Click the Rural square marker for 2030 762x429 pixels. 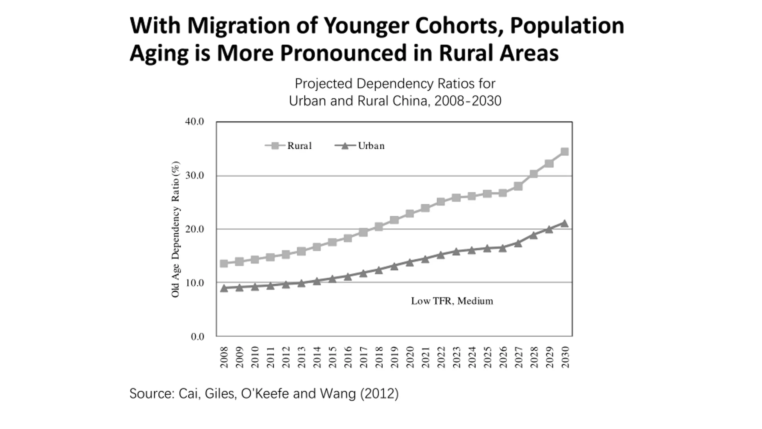(564, 152)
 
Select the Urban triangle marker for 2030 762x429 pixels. (564, 223)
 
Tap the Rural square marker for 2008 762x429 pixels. (224, 263)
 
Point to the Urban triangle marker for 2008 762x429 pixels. (224, 288)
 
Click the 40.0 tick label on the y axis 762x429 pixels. (194, 122)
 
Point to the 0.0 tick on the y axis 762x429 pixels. (197, 337)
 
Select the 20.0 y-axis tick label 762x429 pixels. (194, 229)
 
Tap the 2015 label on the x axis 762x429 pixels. (332, 357)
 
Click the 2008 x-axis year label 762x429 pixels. (224, 357)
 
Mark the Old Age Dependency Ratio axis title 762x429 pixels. (176, 229)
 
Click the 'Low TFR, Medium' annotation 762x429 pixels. (452, 301)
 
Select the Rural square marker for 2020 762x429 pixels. (410, 214)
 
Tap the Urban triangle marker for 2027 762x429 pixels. (518, 243)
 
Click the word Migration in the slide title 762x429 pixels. (238, 26)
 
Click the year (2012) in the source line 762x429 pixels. (379, 394)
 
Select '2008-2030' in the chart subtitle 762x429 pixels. (468, 101)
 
